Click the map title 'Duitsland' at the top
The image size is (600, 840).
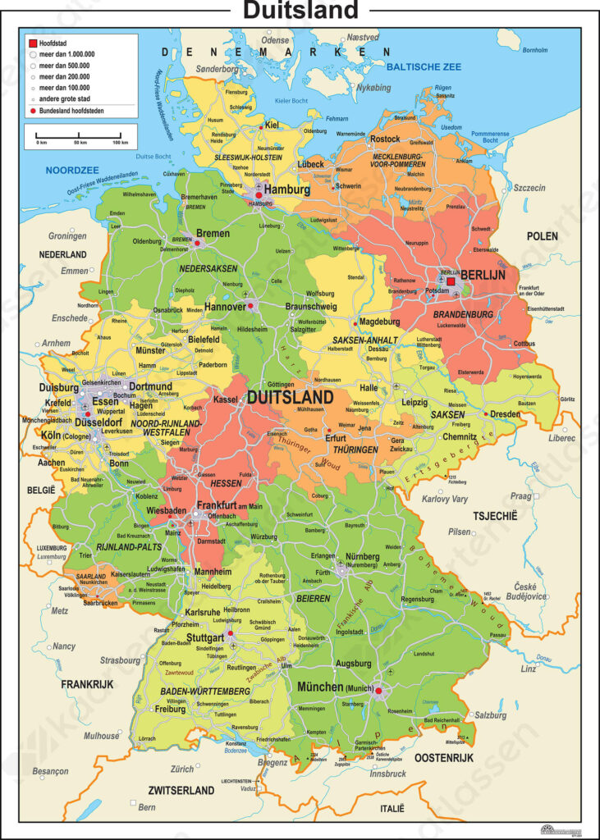pyautogui.click(x=300, y=11)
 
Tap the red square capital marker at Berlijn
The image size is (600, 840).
pyautogui.click(x=451, y=281)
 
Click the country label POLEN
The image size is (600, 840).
pyautogui.click(x=543, y=236)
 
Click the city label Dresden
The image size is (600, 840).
pyautogui.click(x=505, y=414)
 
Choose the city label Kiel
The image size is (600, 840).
pyautogui.click(x=273, y=125)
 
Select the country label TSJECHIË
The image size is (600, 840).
pyautogui.click(x=495, y=516)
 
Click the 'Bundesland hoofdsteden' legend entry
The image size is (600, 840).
pyautogui.click(x=73, y=109)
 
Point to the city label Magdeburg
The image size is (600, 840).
pyautogui.click(x=380, y=322)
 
